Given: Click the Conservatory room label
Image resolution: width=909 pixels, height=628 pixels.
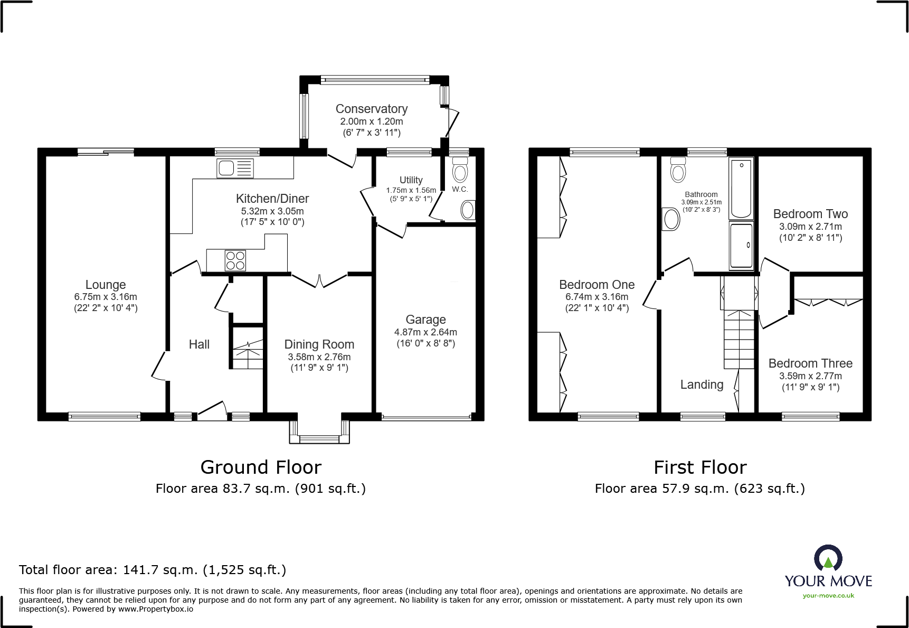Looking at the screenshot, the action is point(372,109).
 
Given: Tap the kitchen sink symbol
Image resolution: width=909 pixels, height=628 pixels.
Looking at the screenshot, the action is point(235,168).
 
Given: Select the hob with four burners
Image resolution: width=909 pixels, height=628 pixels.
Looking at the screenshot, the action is point(235,260).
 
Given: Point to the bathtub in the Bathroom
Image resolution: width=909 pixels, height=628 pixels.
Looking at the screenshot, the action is point(741,188).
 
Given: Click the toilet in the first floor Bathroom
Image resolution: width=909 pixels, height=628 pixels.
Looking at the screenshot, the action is point(678,170).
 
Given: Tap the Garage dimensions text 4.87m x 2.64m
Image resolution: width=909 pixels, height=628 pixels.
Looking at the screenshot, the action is point(425,332).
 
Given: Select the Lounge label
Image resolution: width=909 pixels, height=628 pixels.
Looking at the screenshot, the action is point(106,285).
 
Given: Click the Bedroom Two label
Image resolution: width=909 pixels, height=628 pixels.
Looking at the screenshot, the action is point(810,214).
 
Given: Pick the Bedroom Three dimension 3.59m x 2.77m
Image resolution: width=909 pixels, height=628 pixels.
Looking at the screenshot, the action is point(810,376).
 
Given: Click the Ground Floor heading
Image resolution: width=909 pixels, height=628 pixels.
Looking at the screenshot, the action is point(261,467).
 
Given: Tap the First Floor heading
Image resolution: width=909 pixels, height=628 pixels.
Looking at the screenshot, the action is point(700,467).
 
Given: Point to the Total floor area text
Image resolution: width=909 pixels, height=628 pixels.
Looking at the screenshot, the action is point(153,570).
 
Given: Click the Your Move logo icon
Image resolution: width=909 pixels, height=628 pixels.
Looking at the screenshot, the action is point(828,558).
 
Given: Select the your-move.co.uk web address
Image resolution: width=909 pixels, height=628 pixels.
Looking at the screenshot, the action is point(828,596).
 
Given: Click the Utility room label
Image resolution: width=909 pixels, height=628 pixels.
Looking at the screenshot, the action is point(411,180).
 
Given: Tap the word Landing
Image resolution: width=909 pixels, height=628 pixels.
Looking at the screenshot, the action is point(702,385).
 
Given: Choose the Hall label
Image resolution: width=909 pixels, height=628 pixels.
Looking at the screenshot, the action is point(199,344).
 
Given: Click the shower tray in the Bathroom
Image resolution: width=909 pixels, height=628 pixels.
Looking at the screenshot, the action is point(741,246).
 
